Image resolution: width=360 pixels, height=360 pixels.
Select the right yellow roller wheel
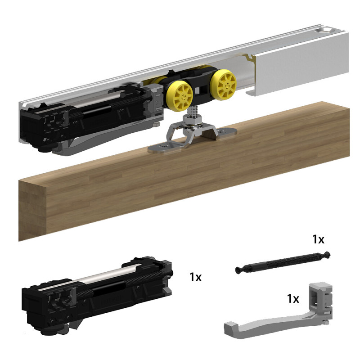click(223, 84)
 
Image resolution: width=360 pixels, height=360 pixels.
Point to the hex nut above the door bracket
click(193, 119)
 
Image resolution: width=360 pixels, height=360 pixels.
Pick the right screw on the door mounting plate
click(221, 131)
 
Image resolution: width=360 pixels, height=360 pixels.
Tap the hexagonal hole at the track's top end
click(328, 30)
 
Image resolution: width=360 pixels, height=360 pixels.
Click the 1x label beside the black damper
click(195, 277)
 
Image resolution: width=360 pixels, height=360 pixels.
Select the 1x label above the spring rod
click(319, 239)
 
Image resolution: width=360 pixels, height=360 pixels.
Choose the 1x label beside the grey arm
click(293, 298)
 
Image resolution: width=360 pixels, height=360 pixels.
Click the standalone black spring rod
click(283, 262)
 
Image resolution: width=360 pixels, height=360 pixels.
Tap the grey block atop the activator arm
click(321, 296)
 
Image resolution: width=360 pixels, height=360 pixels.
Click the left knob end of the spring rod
click(239, 270)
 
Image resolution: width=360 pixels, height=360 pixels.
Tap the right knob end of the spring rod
click(327, 254)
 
